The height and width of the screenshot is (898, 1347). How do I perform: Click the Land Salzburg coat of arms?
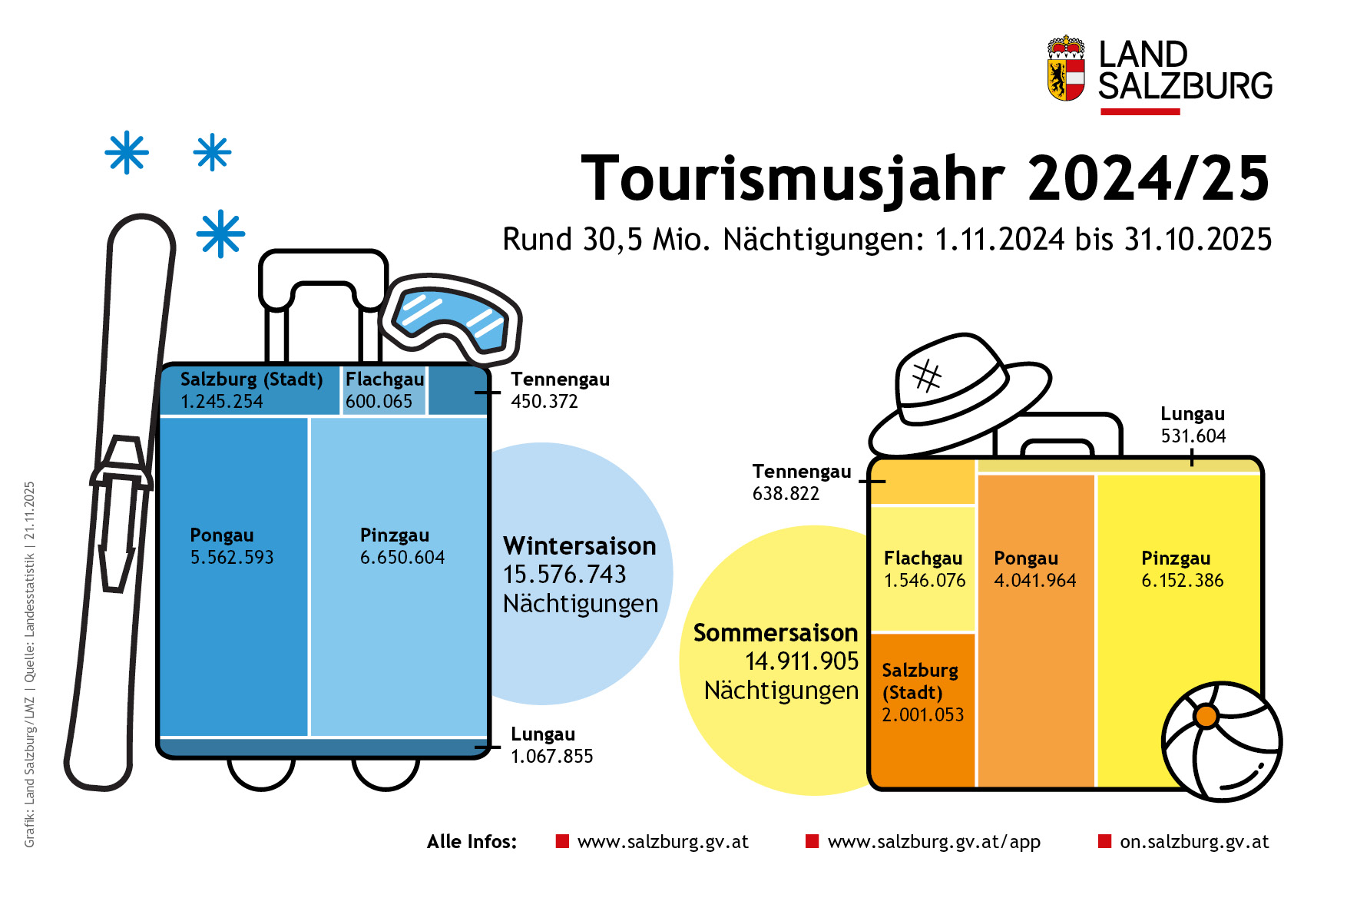(x=1066, y=69)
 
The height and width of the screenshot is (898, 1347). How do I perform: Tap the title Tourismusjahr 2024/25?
(x=925, y=179)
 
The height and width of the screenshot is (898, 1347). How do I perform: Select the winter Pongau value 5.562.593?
(x=232, y=558)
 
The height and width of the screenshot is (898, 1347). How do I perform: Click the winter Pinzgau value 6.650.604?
(x=402, y=558)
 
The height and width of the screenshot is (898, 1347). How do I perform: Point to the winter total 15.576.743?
(x=564, y=575)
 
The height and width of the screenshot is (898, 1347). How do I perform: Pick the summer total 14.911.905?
(x=802, y=661)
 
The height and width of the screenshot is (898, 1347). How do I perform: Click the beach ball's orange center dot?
(x=1206, y=716)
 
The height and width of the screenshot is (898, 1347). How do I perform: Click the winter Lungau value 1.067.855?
(x=552, y=757)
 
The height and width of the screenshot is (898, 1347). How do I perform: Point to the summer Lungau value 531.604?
(x=1193, y=436)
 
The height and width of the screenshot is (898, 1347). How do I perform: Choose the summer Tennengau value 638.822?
(x=786, y=494)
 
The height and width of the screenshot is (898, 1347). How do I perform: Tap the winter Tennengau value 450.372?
(x=544, y=402)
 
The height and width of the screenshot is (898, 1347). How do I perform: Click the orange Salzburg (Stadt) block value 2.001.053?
(x=922, y=715)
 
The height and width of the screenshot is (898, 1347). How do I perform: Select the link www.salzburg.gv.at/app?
(x=934, y=842)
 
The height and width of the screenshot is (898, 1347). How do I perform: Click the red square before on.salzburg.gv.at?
(x=1105, y=841)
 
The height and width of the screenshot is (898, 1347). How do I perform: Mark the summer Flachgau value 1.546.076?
(x=925, y=581)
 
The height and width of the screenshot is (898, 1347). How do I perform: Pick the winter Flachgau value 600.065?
(x=379, y=402)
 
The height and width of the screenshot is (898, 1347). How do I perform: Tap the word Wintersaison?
(x=580, y=546)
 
